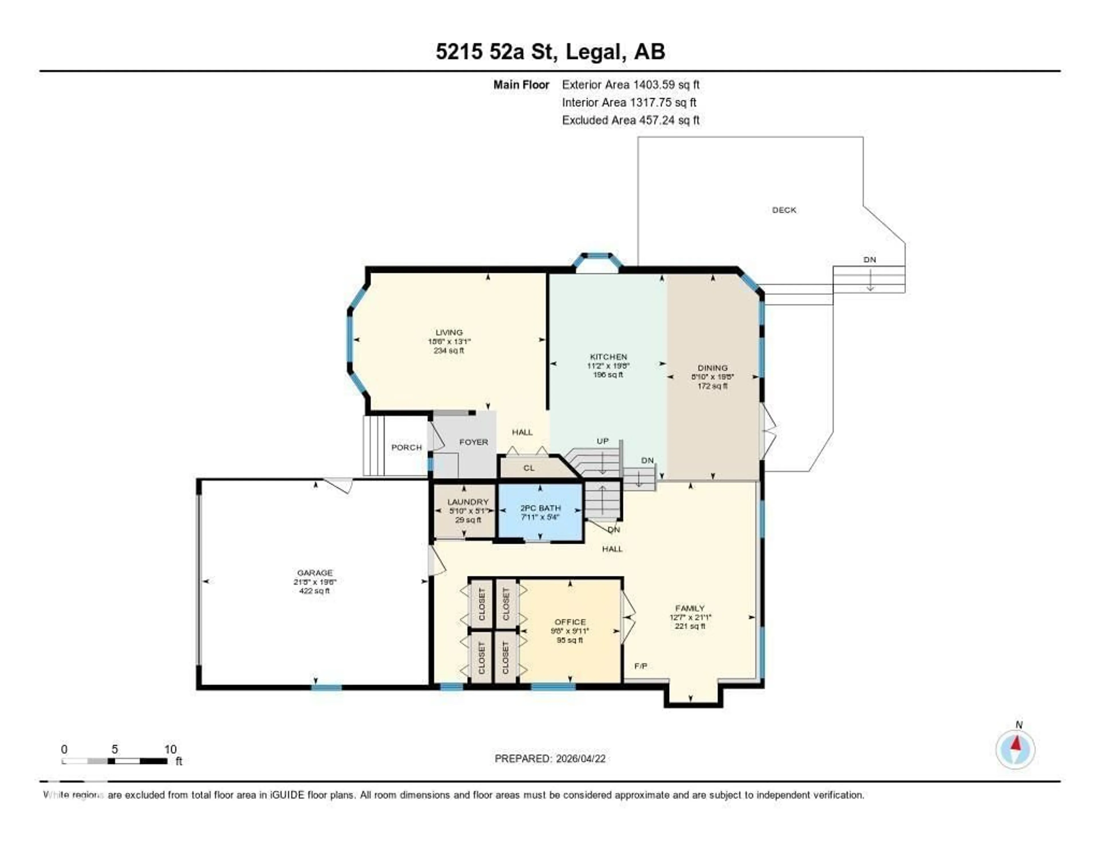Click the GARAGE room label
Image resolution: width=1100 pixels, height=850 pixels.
[315, 572]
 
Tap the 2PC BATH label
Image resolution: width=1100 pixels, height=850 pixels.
[541, 508]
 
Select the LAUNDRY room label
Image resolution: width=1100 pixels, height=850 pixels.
[468, 502]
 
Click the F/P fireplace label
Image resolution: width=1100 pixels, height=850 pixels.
[641, 666]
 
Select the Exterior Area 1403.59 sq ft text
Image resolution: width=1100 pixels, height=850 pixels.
[630, 85]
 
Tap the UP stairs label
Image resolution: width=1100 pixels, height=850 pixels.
[602, 441]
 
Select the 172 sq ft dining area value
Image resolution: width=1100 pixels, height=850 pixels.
[712, 386]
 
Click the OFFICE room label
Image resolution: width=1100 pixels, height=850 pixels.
[570, 622]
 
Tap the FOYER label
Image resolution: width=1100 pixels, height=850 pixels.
[474, 442]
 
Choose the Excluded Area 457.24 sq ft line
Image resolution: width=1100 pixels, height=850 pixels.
[630, 120]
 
